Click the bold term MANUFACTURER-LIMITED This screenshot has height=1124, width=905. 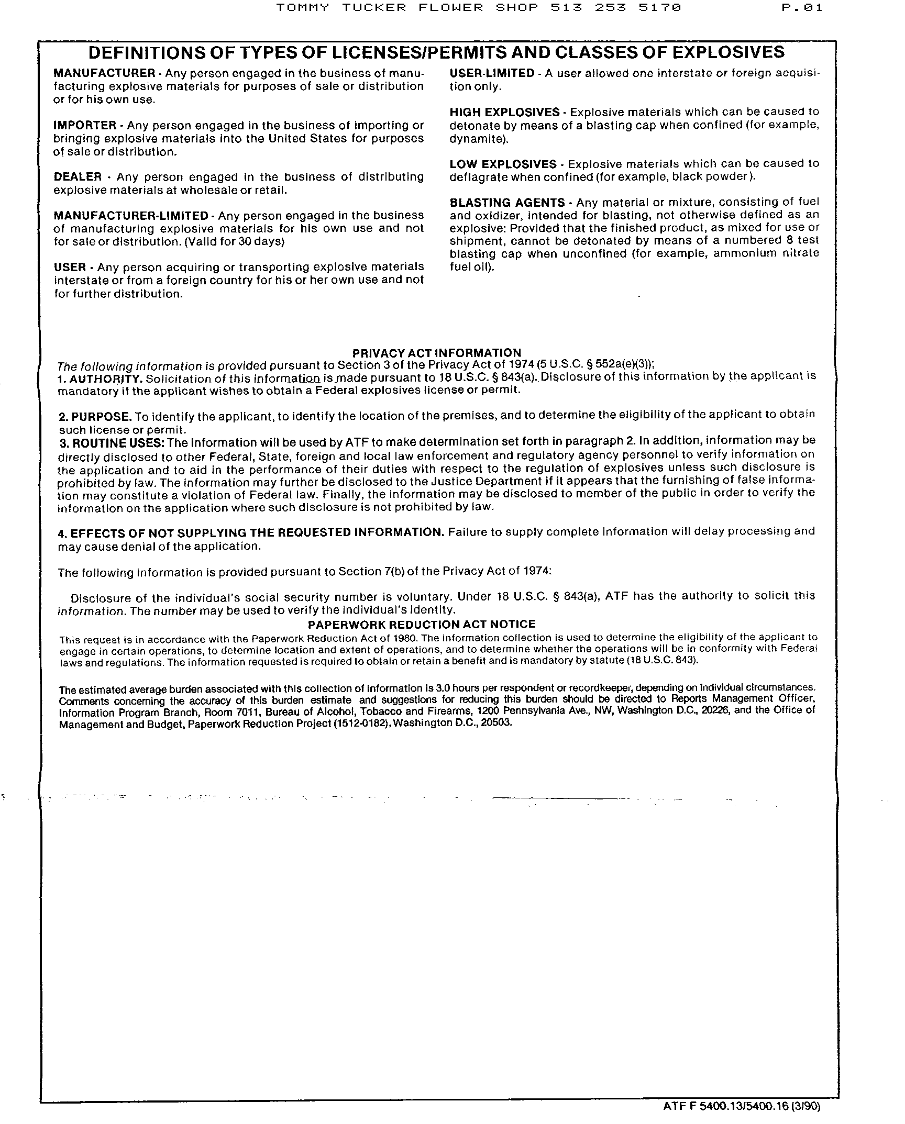coord(131,216)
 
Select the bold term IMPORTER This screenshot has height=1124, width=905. coord(85,126)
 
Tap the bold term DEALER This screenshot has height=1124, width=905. coord(78,177)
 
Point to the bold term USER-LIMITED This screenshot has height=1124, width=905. coord(492,74)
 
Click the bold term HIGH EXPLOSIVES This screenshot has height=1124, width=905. coord(504,113)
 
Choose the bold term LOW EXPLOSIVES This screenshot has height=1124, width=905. coord(503,164)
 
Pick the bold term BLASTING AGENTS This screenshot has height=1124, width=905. coord(507,203)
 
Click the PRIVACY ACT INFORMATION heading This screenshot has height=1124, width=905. coord(437,353)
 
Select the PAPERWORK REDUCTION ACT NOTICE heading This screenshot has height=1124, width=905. coord(422,624)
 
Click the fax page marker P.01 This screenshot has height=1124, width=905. coord(801,7)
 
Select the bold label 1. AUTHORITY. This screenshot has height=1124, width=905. coord(100,379)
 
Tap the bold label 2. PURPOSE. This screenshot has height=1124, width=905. coord(95,417)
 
